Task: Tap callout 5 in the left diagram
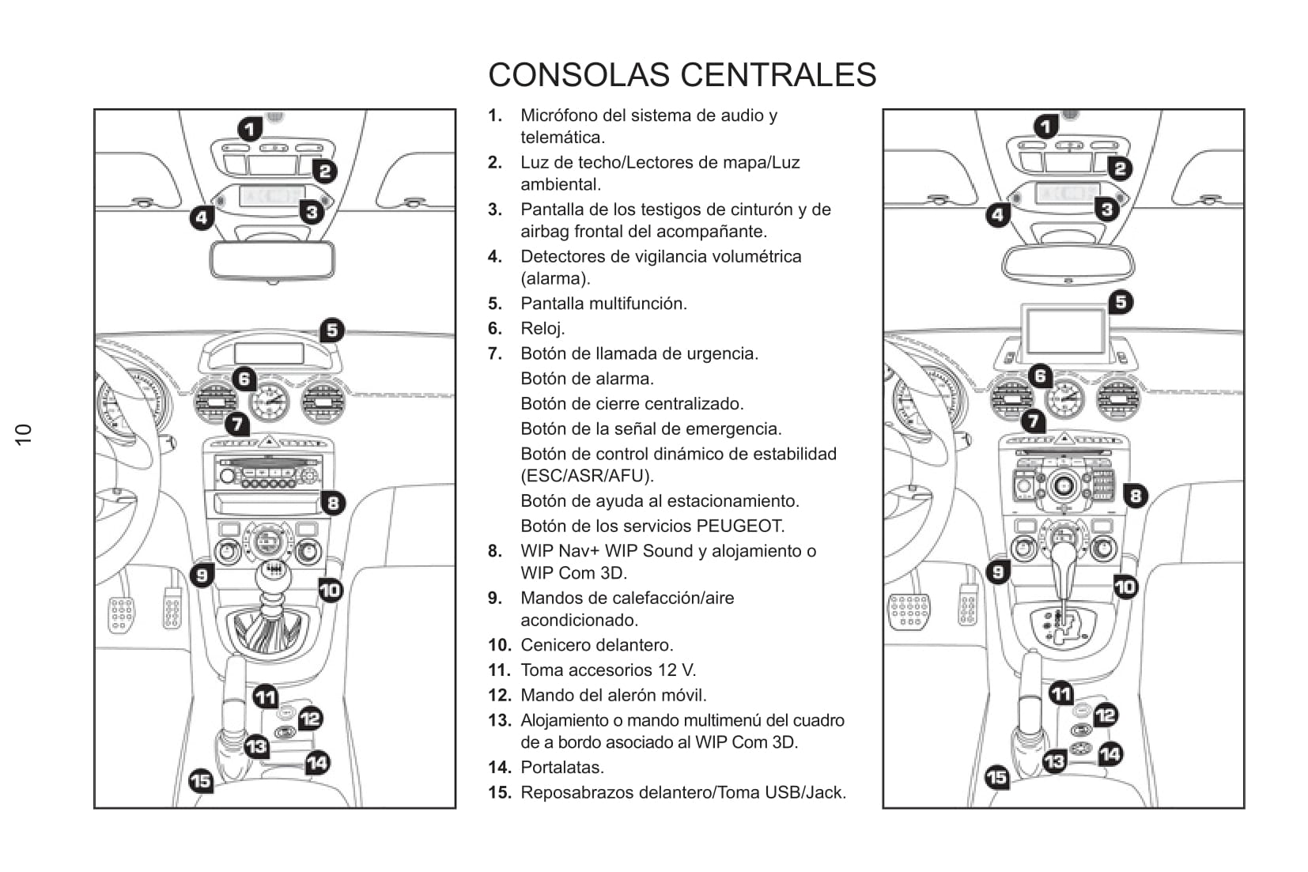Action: click(x=332, y=330)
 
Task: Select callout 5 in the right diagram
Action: click(x=1121, y=302)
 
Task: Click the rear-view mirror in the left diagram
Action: click(x=272, y=259)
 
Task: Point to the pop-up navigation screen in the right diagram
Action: click(x=1064, y=331)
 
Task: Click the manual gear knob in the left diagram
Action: click(x=272, y=575)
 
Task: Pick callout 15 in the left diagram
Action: click(x=202, y=782)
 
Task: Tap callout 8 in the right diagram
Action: click(x=1136, y=496)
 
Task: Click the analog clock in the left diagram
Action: click(x=270, y=402)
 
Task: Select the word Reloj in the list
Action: click(x=542, y=329)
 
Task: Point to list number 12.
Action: click(x=499, y=696)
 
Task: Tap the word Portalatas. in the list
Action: click(x=562, y=768)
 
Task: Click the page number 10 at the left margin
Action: click(x=24, y=433)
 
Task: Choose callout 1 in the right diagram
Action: click(x=1046, y=126)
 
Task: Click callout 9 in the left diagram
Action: click(x=202, y=575)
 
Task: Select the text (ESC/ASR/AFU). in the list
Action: click(x=587, y=476)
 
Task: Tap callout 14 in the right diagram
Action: click(x=1110, y=754)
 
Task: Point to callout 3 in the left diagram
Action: click(x=312, y=211)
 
